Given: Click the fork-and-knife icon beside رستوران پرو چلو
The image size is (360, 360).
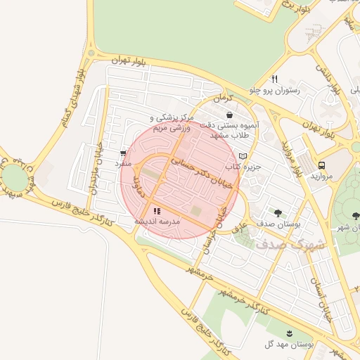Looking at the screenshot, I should (275, 79).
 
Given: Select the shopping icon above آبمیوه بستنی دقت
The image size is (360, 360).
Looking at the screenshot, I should (230, 114).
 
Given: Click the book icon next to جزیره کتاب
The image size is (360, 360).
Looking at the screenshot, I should (243, 155).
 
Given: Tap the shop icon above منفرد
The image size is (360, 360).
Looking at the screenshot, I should (124, 152).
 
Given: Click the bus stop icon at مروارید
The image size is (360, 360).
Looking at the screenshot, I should (321, 164).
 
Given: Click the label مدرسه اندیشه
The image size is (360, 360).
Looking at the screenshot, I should (157, 221).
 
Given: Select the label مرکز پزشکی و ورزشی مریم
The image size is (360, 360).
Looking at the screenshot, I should (170, 123).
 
